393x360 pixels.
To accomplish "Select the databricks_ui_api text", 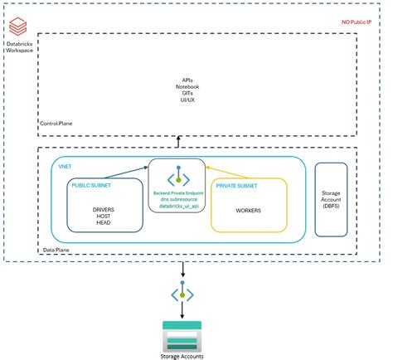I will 177,206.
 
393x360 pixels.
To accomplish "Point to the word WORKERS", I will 250,211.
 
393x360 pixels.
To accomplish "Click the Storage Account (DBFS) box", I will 331,199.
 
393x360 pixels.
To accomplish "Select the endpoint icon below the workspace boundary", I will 182,292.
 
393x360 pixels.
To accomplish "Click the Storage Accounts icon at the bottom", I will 182,335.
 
